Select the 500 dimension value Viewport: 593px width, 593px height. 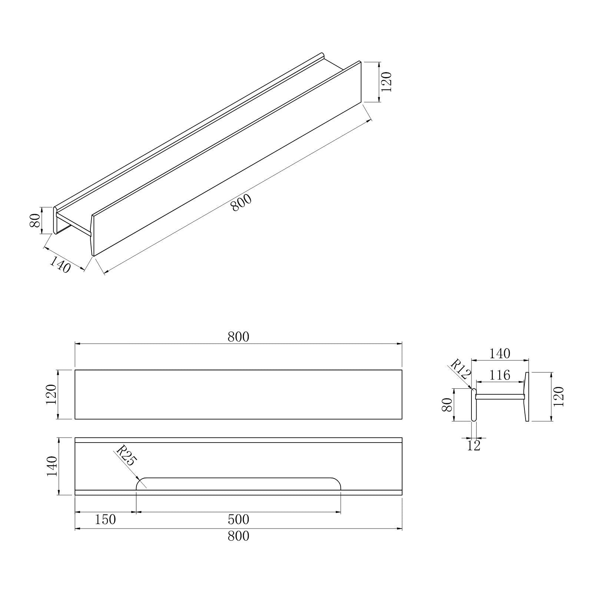(x=238, y=520)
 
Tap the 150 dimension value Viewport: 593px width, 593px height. (x=105, y=520)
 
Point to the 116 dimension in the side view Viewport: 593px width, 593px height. (x=500, y=375)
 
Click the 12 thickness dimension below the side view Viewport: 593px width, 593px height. (x=474, y=446)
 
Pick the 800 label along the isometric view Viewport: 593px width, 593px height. (x=241, y=203)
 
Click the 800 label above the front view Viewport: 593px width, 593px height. (x=238, y=337)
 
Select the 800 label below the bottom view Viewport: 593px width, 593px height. (x=238, y=536)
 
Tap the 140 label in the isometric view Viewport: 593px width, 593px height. (x=60, y=265)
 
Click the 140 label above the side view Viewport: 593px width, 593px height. (x=500, y=354)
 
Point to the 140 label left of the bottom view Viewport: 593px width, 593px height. (x=51, y=466)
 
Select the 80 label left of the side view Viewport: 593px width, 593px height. (x=447, y=405)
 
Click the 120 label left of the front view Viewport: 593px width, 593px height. (x=51, y=394)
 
